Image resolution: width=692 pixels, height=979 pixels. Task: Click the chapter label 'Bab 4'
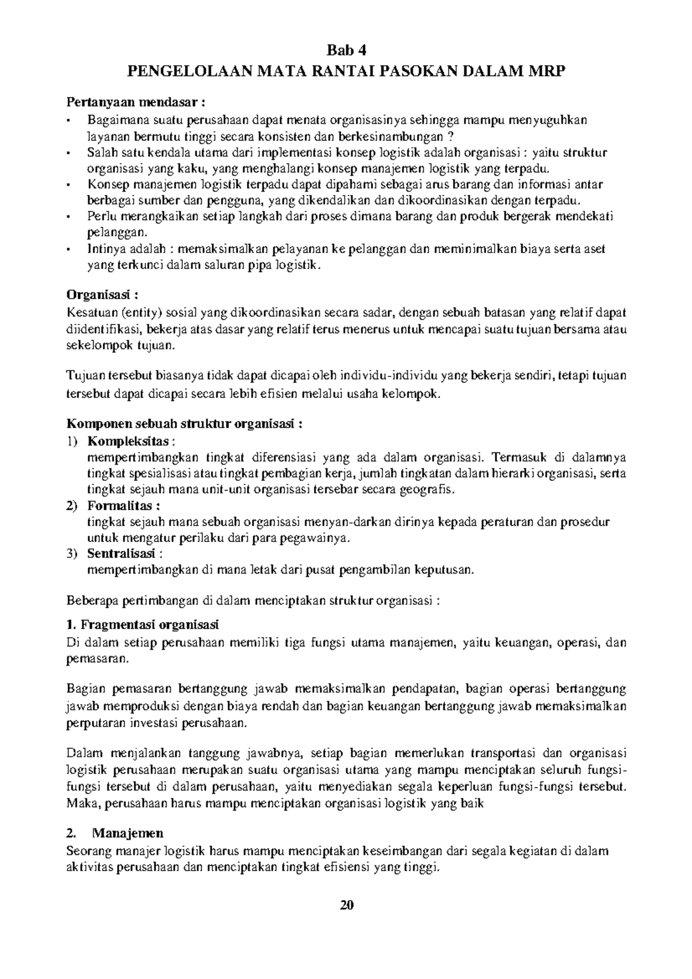[x=346, y=48]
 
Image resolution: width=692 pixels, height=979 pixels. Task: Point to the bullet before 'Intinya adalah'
[x=70, y=249]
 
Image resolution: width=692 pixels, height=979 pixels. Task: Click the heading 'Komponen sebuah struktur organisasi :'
[x=185, y=424]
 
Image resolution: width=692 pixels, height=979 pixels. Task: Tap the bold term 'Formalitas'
[x=122, y=506]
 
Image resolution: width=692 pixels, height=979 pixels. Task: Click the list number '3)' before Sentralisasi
[x=72, y=553]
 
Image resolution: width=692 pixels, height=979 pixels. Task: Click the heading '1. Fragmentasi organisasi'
[x=143, y=625]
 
